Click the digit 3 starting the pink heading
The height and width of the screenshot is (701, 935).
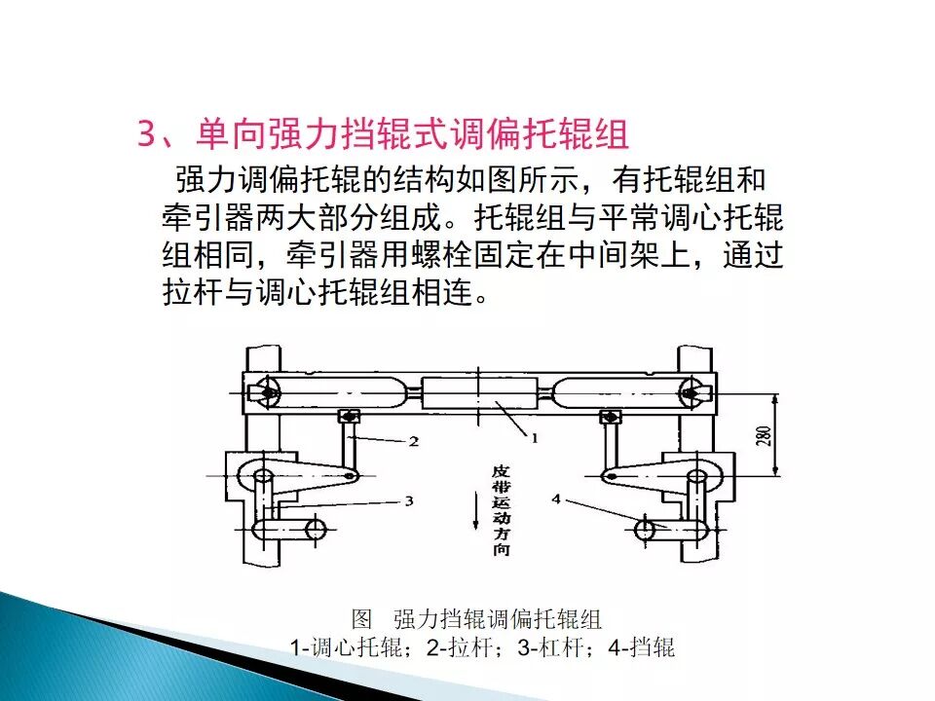pyautogui.click(x=147, y=134)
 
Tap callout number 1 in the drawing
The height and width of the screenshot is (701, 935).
pyautogui.click(x=535, y=438)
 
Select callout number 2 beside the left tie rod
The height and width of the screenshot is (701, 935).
pyautogui.click(x=413, y=441)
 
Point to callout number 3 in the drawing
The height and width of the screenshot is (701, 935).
pyautogui.click(x=409, y=501)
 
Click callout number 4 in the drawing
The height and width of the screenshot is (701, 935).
pyautogui.click(x=556, y=498)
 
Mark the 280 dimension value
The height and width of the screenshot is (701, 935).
pyautogui.click(x=766, y=436)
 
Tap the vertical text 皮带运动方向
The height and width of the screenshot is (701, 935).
pyautogui.click(x=501, y=510)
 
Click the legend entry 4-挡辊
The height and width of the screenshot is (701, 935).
pyautogui.click(x=642, y=647)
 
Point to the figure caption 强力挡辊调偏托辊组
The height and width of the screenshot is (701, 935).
pyautogui.click(x=498, y=619)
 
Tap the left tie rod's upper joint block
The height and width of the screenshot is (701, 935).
pyautogui.click(x=349, y=416)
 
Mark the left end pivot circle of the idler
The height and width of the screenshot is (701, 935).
pyautogui.click(x=269, y=392)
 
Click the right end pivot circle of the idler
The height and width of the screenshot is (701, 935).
pyautogui.click(x=692, y=392)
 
